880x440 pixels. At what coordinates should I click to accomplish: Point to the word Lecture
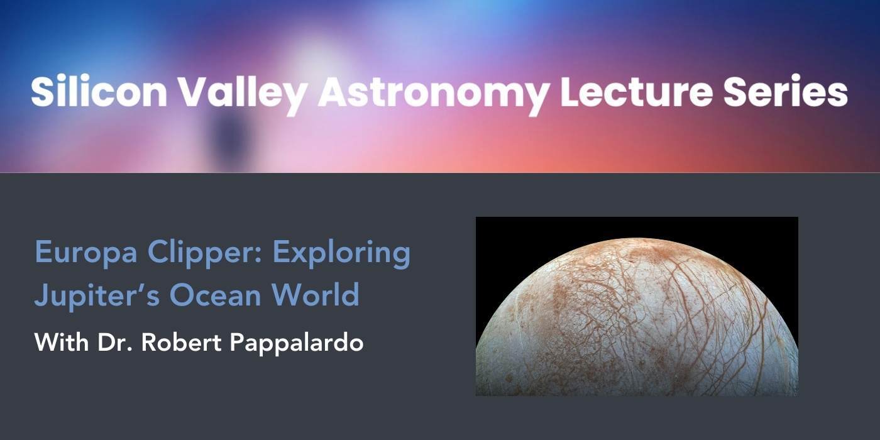tap(636, 92)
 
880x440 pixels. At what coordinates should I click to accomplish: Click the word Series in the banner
tap(786, 92)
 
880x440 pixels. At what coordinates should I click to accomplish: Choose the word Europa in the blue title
tap(86, 254)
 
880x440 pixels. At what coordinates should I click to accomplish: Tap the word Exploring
tap(342, 254)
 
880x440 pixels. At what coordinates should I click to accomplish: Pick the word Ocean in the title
tap(215, 295)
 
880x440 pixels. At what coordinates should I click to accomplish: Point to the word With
tap(62, 342)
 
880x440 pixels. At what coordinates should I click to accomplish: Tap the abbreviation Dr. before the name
tap(114, 343)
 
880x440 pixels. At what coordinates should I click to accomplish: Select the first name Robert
tap(181, 342)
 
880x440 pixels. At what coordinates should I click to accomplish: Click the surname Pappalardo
tap(297, 343)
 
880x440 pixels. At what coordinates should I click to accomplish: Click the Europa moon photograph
tap(637, 306)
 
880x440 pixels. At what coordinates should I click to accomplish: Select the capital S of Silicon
tap(42, 91)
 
